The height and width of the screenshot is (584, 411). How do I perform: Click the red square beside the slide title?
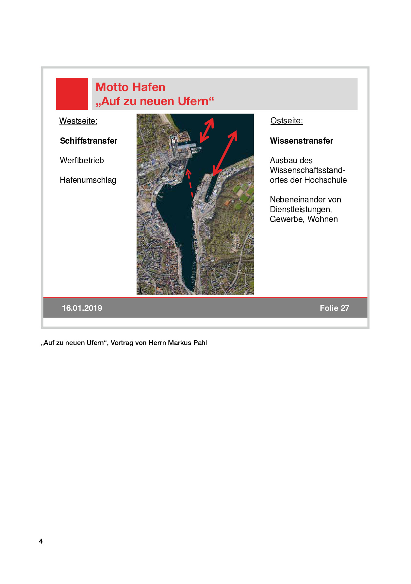(72, 93)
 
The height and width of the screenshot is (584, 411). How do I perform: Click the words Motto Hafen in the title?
(130, 87)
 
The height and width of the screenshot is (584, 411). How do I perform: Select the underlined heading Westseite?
(78, 121)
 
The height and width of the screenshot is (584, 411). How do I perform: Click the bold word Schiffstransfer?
(89, 141)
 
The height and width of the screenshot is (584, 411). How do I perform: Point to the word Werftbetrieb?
(82, 160)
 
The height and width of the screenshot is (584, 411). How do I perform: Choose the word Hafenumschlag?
(88, 180)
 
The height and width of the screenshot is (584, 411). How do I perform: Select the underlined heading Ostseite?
(287, 120)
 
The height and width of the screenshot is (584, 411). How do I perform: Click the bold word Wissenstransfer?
(301, 141)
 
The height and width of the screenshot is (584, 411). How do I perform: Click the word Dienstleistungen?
(301, 209)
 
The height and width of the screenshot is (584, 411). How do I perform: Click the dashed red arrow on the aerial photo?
(190, 183)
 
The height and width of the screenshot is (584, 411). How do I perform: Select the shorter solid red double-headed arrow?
(207, 130)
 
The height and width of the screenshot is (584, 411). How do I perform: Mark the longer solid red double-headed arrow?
(225, 153)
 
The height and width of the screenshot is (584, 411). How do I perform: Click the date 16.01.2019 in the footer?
(82, 308)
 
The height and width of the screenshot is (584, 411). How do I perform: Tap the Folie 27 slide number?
(334, 308)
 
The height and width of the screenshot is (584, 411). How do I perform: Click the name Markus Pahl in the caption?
(187, 343)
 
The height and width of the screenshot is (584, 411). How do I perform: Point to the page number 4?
(41, 541)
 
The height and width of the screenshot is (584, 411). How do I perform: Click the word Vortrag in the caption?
(122, 343)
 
